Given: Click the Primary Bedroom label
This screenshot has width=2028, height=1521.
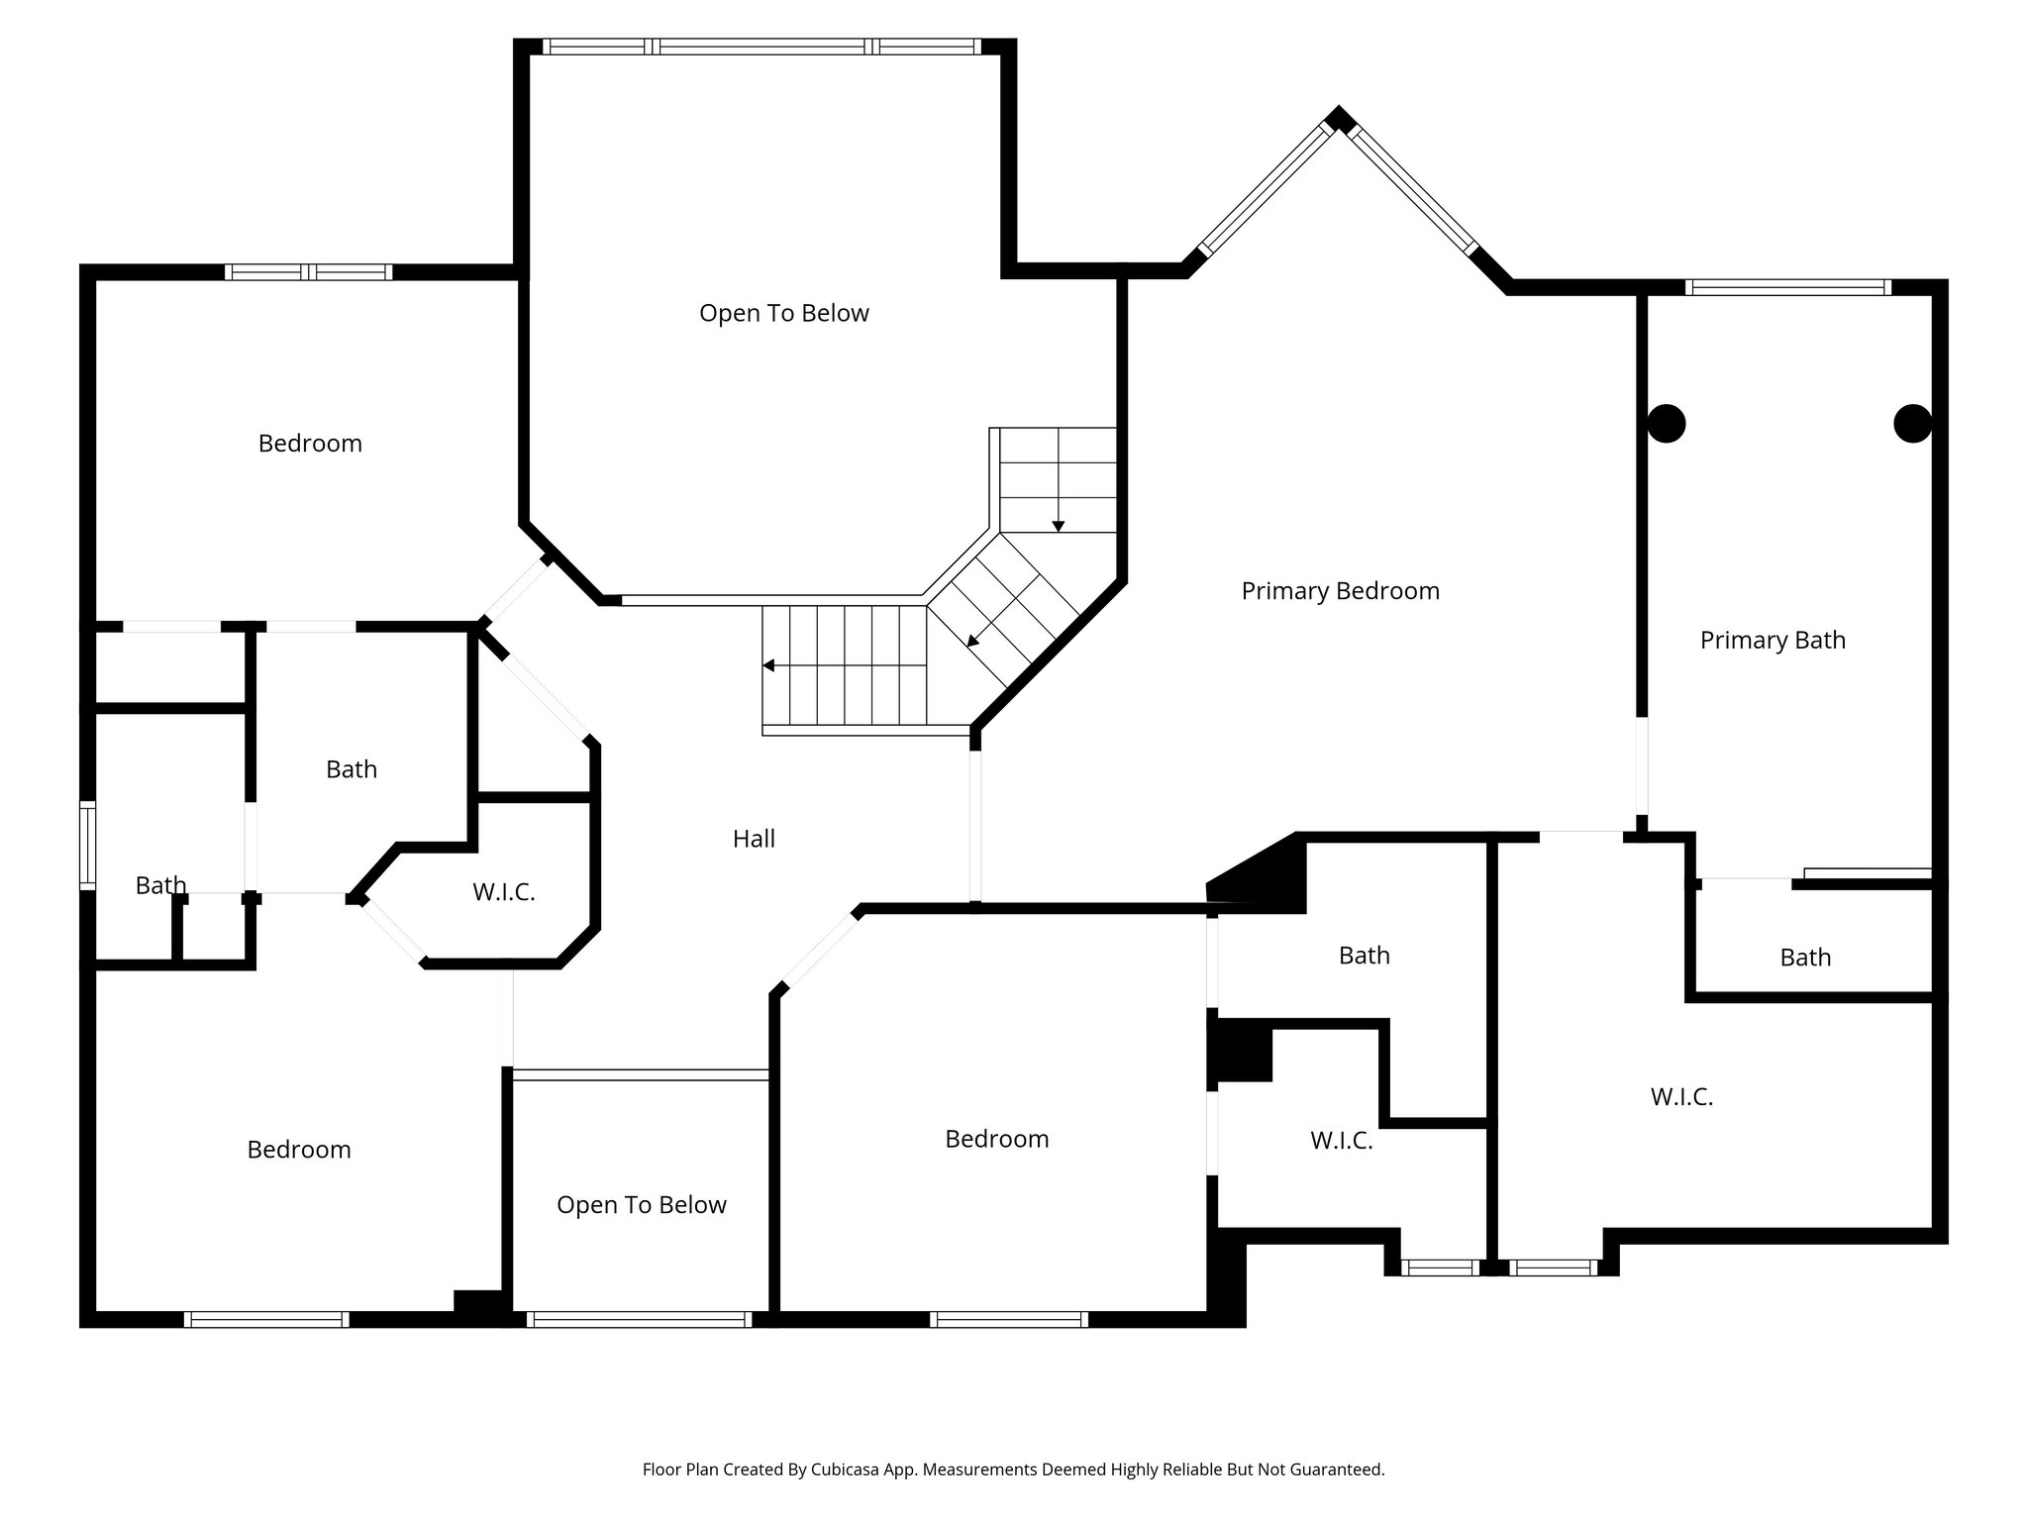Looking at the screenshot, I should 1340,591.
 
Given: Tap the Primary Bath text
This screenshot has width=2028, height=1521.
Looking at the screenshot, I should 1773,641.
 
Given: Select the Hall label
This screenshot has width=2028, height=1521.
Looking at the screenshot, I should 754,840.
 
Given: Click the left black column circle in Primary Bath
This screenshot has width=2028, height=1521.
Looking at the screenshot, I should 1667,424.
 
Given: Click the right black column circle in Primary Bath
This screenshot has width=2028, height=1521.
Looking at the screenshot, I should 1912,424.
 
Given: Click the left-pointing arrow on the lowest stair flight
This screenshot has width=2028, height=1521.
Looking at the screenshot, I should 769,665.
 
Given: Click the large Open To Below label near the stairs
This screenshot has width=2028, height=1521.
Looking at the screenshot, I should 783,314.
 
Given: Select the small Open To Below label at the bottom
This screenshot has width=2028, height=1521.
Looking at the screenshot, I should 641,1205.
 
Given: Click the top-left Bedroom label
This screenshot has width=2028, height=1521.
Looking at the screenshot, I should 310,444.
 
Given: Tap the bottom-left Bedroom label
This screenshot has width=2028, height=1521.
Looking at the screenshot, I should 299,1150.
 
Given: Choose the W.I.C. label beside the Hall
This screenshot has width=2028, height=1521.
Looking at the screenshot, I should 503,892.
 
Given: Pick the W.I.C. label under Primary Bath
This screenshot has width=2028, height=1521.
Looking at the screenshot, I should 1681,1097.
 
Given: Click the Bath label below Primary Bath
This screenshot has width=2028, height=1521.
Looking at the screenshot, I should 1805,958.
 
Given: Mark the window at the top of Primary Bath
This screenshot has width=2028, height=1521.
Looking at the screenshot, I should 1787,288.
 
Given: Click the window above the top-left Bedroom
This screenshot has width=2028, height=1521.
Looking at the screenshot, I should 309,272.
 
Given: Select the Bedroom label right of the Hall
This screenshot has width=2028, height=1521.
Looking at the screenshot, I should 996,1139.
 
